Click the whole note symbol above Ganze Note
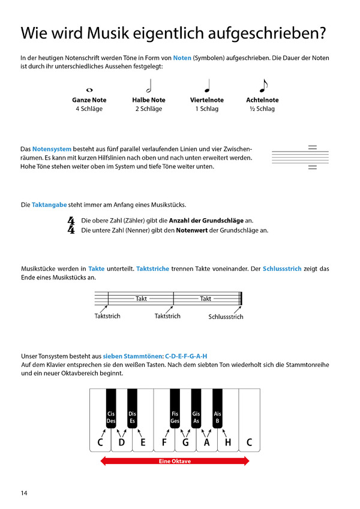(89, 90)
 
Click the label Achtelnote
(262, 100)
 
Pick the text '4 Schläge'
(89, 109)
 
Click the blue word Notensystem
(52, 148)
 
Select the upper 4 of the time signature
(71, 221)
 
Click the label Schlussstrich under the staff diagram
(226, 317)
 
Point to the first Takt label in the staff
(141, 299)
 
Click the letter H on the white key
(228, 443)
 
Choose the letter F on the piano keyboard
(164, 443)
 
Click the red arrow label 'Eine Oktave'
(175, 461)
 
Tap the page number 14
(24, 493)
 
